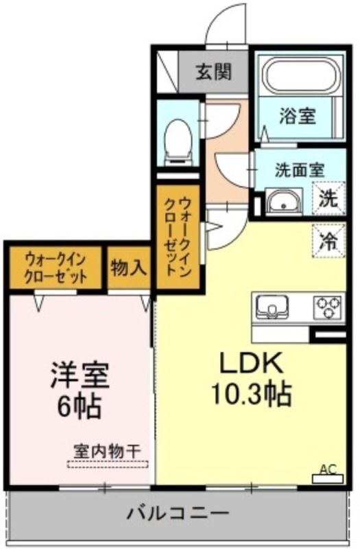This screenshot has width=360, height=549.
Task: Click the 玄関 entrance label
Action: [214, 73]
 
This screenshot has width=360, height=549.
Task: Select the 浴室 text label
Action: [298, 116]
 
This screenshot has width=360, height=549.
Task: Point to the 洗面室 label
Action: [300, 170]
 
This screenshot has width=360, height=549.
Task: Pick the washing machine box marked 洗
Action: [329, 198]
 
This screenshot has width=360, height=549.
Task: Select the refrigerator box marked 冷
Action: [329, 241]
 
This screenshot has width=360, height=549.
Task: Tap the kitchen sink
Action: [272, 307]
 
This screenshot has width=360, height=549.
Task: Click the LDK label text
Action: [250, 364]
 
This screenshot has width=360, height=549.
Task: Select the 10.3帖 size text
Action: [252, 394]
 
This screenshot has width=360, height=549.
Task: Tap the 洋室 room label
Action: [80, 375]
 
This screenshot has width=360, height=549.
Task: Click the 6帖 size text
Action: [80, 406]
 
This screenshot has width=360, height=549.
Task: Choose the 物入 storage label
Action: [128, 268]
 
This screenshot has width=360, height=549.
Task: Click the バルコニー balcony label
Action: [178, 513]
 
